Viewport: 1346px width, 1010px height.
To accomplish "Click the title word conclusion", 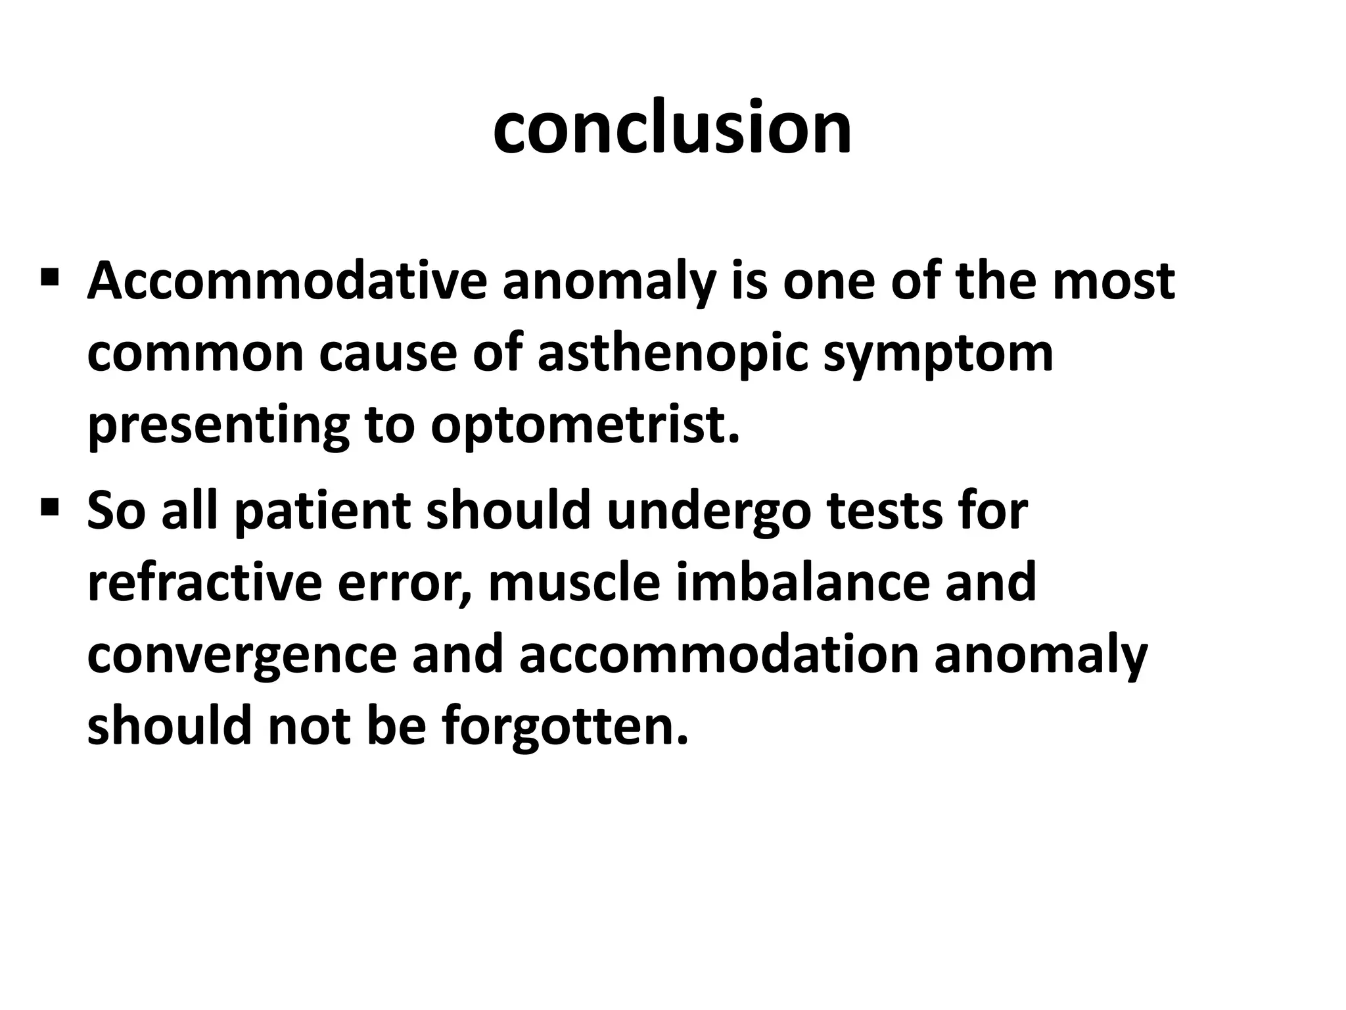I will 672,128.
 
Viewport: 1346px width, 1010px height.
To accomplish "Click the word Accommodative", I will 287,281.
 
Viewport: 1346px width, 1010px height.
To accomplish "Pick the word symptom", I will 938,355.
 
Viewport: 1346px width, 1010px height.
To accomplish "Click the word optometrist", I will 585,426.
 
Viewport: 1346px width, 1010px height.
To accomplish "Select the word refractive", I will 204,583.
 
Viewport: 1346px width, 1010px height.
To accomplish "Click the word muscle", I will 573,583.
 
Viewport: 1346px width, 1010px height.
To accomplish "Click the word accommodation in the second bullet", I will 718,655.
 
